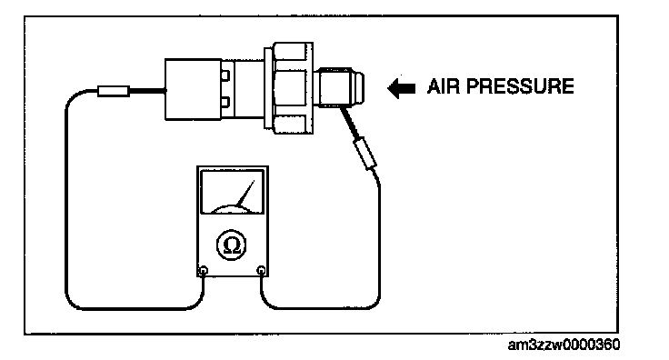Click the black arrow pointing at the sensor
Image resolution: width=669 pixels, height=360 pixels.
[401, 88]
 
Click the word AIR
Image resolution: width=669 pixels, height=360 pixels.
[443, 86]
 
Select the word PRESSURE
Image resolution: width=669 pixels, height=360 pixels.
[520, 86]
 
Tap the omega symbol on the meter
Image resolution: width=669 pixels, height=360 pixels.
[232, 245]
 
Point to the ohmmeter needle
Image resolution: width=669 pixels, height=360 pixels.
[245, 194]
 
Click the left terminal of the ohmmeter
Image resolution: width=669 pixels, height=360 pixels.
[204, 270]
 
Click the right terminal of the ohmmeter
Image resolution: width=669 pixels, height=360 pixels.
[262, 270]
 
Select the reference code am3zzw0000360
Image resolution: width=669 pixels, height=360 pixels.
[564, 345]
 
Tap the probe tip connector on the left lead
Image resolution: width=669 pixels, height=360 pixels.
[114, 91]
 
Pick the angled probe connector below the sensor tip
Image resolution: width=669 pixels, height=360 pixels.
[365, 153]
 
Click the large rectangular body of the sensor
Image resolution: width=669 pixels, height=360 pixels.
[194, 89]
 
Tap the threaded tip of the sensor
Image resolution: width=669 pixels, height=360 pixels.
[340, 87]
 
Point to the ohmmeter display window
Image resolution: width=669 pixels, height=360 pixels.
[232, 192]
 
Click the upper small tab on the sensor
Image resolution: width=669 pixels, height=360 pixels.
[225, 75]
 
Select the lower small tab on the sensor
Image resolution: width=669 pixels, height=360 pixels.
[225, 103]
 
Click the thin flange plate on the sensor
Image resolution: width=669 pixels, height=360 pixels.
[268, 87]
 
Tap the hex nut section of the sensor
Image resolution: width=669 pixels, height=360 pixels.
[293, 88]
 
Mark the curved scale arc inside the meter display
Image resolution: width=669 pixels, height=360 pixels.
[233, 207]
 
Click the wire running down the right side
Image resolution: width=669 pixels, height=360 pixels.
[379, 239]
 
